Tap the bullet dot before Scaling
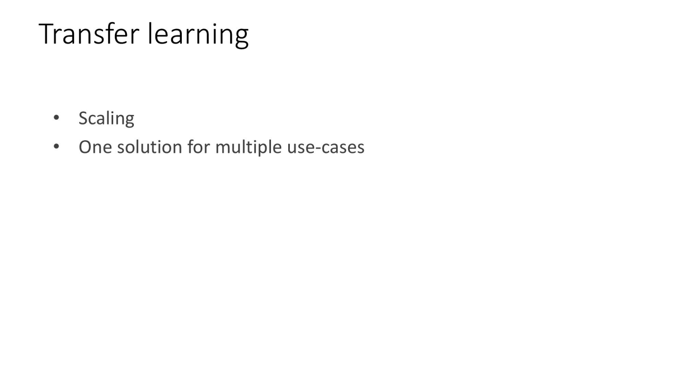(56, 118)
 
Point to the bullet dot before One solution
(56, 146)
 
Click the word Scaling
(106, 118)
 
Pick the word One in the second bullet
(95, 147)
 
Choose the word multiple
(248, 148)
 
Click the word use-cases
(325, 148)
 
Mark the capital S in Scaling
(84, 118)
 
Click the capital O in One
(85, 147)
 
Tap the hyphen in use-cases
(318, 148)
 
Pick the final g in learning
(242, 38)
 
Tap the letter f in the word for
(191, 146)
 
